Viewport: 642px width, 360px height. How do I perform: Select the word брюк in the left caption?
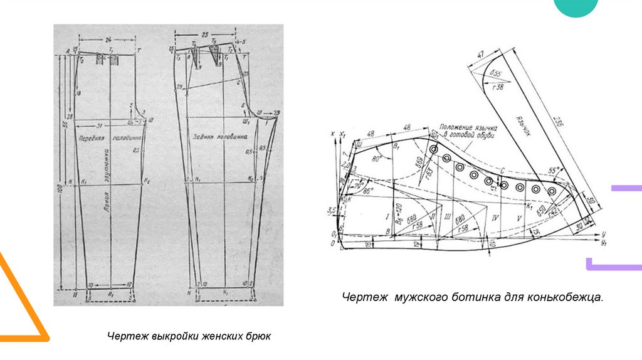(260, 337)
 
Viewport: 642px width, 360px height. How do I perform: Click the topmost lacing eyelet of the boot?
(433, 149)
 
